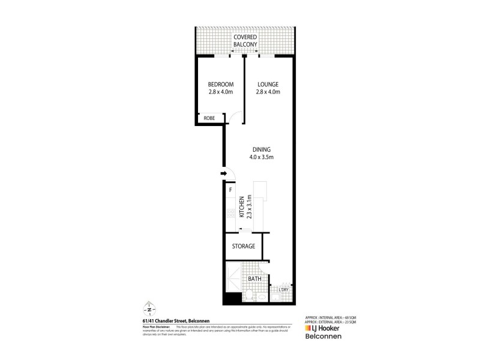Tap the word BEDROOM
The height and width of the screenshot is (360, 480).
point(220,84)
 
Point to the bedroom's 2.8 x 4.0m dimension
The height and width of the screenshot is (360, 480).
point(220,92)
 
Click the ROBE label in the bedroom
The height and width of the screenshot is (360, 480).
point(209,119)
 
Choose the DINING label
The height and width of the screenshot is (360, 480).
point(262,150)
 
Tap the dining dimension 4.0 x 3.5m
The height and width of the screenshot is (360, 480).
point(262,158)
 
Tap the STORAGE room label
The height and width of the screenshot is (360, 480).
point(244,246)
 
